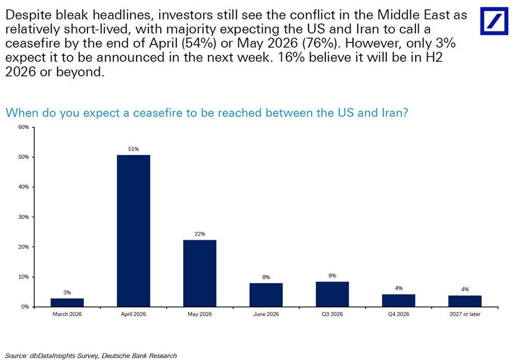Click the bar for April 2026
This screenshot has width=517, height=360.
point(133,231)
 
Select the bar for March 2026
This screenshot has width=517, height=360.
point(67,302)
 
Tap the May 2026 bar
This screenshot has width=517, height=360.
point(200,273)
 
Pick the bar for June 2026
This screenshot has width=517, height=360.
point(266,295)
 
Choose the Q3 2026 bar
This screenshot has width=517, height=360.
point(332,294)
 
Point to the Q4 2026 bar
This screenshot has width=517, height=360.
point(398,301)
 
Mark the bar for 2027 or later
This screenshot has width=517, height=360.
point(464,301)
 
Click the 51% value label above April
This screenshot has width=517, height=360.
point(133,149)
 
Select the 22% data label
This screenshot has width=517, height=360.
point(200,234)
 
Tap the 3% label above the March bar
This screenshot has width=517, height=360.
point(67,292)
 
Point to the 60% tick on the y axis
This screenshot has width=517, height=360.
point(23,127)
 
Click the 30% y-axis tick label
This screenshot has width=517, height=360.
point(23,217)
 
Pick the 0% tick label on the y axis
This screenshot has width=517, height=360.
point(25,307)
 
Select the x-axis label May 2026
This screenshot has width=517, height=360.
point(200,314)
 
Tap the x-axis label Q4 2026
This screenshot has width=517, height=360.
point(398,314)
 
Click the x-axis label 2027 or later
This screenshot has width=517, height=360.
point(464,314)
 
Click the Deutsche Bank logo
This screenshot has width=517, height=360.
point(494,21)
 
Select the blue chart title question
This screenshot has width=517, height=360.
point(207,113)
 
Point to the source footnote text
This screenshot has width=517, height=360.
point(91,355)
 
